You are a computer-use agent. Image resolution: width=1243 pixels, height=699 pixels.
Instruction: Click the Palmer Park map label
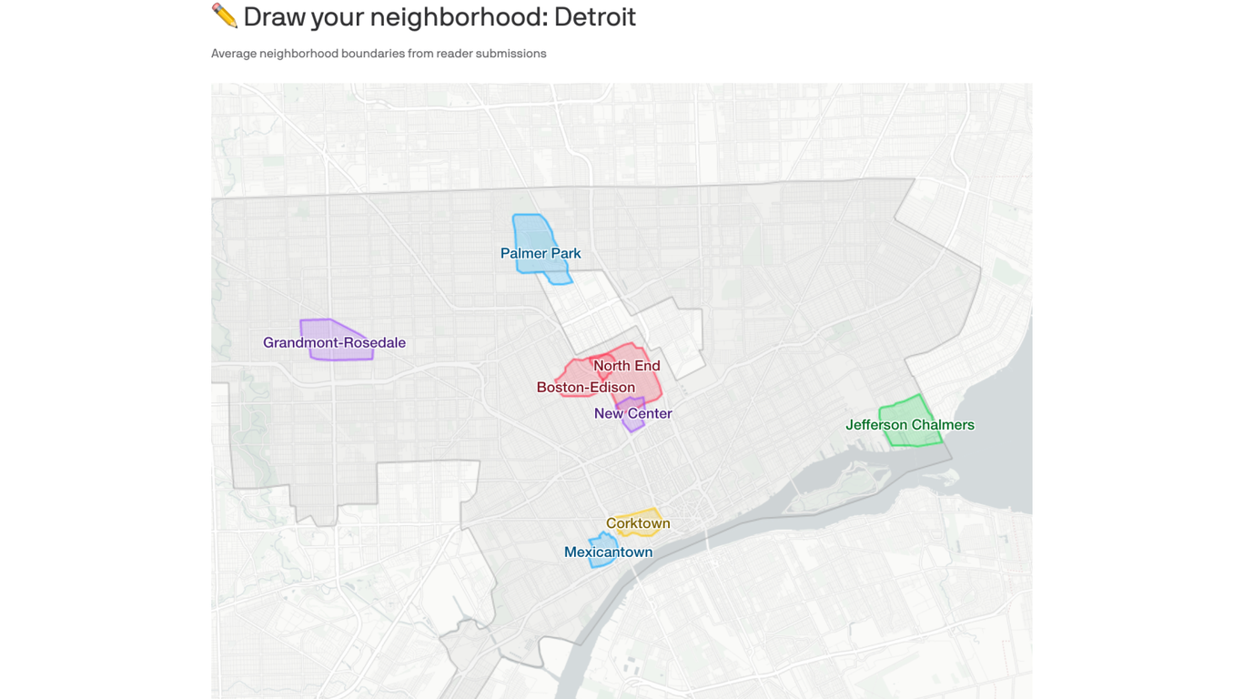pos(541,254)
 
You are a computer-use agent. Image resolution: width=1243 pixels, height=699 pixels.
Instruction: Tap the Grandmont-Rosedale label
pos(334,343)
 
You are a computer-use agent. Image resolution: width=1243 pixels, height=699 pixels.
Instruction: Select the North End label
pos(627,366)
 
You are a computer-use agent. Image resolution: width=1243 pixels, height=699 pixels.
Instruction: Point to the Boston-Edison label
pos(585,388)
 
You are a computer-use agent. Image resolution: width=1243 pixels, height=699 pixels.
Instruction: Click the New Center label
pos(632,414)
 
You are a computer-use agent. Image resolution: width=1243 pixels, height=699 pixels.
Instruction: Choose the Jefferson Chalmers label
pos(910,425)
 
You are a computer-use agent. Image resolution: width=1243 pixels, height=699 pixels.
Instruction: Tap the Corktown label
pos(638,523)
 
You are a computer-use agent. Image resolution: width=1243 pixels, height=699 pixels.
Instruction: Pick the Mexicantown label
pos(608,552)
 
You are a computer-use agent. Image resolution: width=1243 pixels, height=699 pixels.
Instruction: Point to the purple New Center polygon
pos(632,424)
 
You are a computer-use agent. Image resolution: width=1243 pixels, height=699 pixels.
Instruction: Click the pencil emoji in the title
pos(224,15)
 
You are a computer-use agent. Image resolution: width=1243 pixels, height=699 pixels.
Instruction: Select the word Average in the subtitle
pos(233,54)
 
